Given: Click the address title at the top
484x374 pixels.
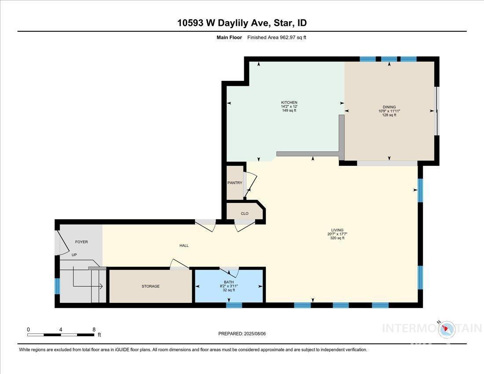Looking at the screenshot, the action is pyautogui.click(x=242, y=23).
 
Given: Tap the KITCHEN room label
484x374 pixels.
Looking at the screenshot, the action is pyautogui.click(x=289, y=103).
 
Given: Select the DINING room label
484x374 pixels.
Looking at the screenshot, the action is pyautogui.click(x=389, y=107).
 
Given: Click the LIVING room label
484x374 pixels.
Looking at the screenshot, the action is pyautogui.click(x=337, y=230).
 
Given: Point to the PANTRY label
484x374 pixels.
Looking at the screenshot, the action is pyautogui.click(x=235, y=183).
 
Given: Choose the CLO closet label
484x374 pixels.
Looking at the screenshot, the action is pyautogui.click(x=245, y=213).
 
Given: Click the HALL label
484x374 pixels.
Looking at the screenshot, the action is pyautogui.click(x=184, y=246).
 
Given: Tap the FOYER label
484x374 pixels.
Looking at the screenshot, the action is pyautogui.click(x=81, y=242).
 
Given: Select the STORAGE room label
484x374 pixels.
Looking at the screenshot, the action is pyautogui.click(x=150, y=286).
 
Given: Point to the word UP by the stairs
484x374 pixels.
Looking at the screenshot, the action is pyautogui.click(x=74, y=255).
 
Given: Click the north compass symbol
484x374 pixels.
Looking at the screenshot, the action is pyautogui.click(x=445, y=328).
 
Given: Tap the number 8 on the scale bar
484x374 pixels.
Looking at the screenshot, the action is pyautogui.click(x=94, y=330).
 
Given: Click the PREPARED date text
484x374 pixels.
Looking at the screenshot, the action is pyautogui.click(x=242, y=334).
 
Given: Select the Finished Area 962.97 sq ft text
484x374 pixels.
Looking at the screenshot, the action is pyautogui.click(x=277, y=37).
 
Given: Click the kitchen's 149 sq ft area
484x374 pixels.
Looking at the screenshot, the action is pyautogui.click(x=289, y=110).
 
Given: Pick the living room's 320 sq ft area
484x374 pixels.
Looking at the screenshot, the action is pyautogui.click(x=337, y=238).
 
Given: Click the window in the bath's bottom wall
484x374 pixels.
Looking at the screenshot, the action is pyautogui.click(x=234, y=305).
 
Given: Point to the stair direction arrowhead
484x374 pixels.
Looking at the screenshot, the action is pyautogui.click(x=101, y=286).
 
